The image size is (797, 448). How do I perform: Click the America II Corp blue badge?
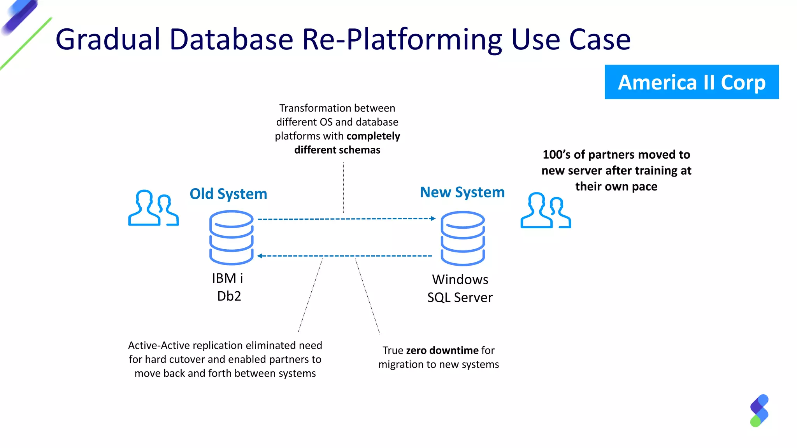tap(692, 82)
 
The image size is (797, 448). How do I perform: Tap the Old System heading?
tap(228, 194)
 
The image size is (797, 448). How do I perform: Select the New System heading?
tap(462, 192)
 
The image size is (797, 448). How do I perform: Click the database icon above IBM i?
tap(231, 238)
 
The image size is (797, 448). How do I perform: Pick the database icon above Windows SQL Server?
tap(463, 238)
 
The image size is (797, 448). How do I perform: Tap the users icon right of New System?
tap(546, 210)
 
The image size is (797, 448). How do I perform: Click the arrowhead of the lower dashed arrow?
tap(260, 256)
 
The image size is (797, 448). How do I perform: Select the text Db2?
tap(229, 296)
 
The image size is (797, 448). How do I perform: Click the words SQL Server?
tap(460, 297)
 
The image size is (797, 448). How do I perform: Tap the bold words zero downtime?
tap(442, 350)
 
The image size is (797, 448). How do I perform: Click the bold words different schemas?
tap(337, 150)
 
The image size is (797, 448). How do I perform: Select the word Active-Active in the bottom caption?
tap(159, 345)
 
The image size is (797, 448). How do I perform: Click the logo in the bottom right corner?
tap(759, 411)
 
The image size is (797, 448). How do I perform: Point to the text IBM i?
tap(227, 278)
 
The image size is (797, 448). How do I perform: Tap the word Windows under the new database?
tap(460, 280)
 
